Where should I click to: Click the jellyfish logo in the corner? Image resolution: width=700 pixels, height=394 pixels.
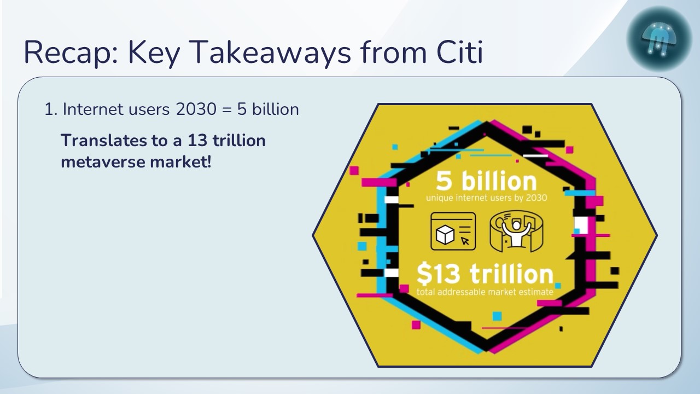pyautogui.click(x=659, y=38)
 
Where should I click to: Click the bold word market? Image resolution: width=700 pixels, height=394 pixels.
pyautogui.click(x=180, y=163)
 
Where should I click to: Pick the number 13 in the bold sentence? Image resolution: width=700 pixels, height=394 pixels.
pyautogui.click(x=197, y=141)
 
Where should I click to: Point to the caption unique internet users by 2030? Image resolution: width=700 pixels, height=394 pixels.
pyautogui.click(x=486, y=198)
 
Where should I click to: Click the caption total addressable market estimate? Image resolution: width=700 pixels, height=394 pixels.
pyautogui.click(x=485, y=292)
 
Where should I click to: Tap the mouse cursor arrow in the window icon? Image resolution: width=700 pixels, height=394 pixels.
pyautogui.click(x=465, y=240)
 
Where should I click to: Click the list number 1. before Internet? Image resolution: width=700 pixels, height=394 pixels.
pyautogui.click(x=51, y=109)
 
